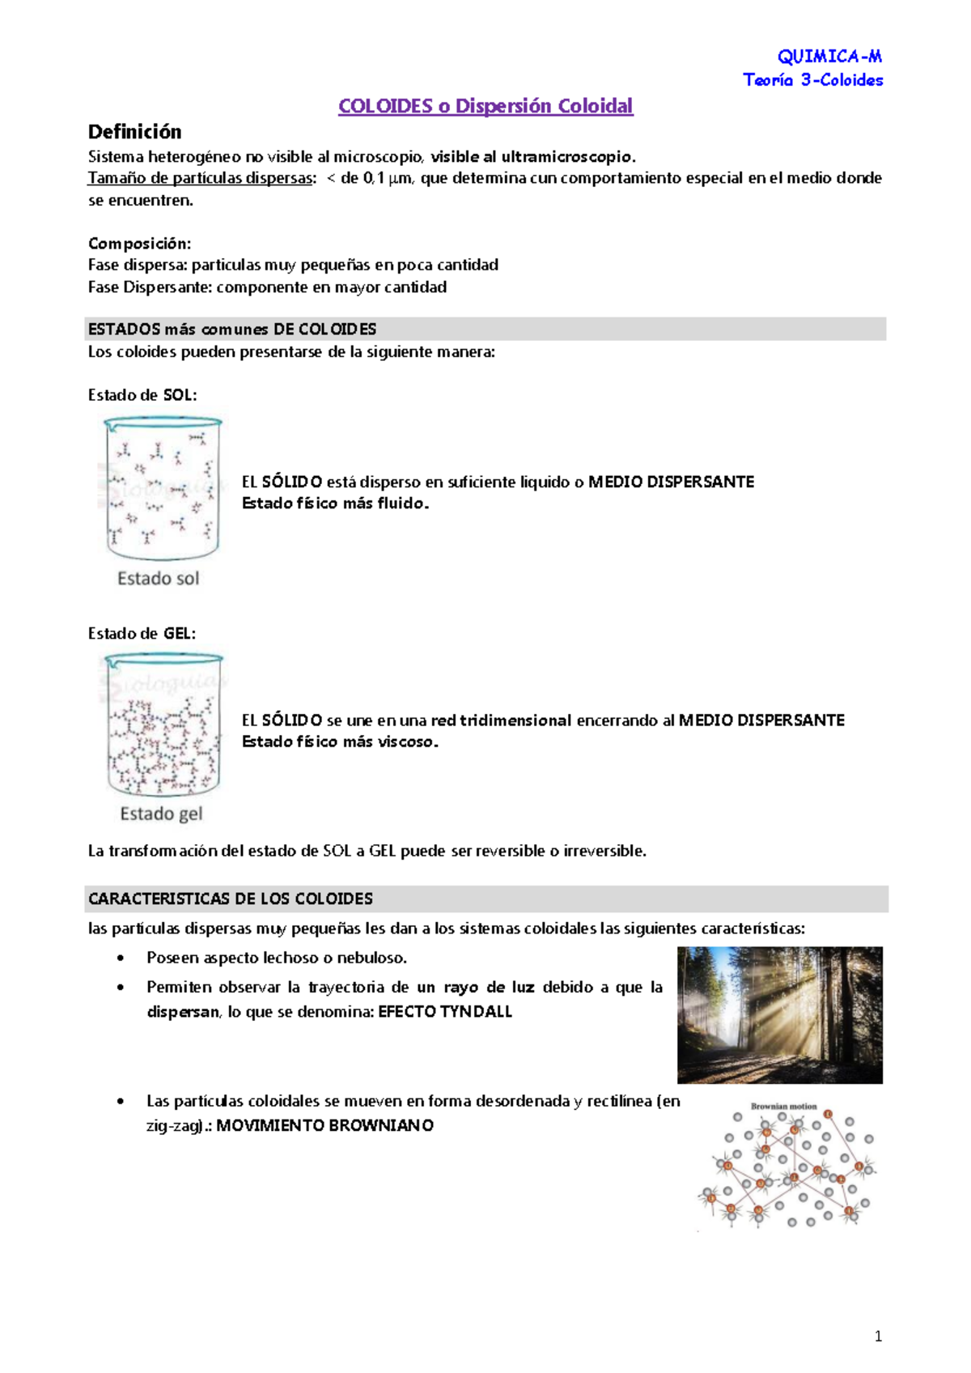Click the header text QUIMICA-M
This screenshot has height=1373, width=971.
click(829, 56)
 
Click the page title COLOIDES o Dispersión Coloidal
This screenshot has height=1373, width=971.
click(485, 106)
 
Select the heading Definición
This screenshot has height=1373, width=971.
click(134, 132)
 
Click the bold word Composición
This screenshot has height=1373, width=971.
click(139, 244)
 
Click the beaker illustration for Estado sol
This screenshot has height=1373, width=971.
click(162, 487)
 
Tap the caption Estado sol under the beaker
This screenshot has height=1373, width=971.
click(158, 578)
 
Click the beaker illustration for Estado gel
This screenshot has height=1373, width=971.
click(163, 725)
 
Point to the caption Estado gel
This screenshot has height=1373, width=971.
click(161, 814)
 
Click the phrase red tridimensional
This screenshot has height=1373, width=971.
click(501, 721)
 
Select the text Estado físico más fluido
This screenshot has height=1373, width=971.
click(335, 504)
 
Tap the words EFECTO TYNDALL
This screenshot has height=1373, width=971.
click(445, 1011)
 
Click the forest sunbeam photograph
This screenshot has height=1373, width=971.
click(779, 1014)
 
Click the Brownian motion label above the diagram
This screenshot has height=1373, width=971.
click(783, 1106)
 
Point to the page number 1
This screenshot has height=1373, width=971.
click(878, 1337)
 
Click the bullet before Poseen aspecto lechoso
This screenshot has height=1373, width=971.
click(121, 959)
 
